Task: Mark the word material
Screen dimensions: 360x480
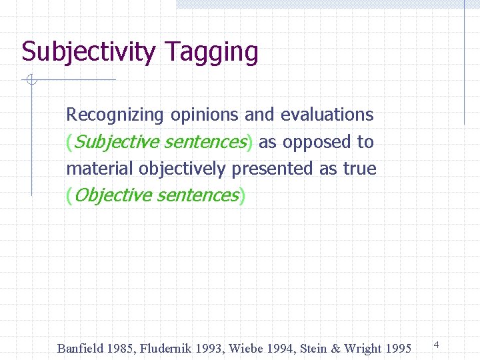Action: [x=100, y=169]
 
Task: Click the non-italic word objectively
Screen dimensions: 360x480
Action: [x=183, y=169]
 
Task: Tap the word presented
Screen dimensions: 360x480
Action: [x=273, y=169]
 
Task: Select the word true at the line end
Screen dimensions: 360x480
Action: [x=359, y=169]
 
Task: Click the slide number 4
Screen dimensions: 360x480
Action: [x=436, y=345]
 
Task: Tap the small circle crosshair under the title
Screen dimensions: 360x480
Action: [x=31, y=81]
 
